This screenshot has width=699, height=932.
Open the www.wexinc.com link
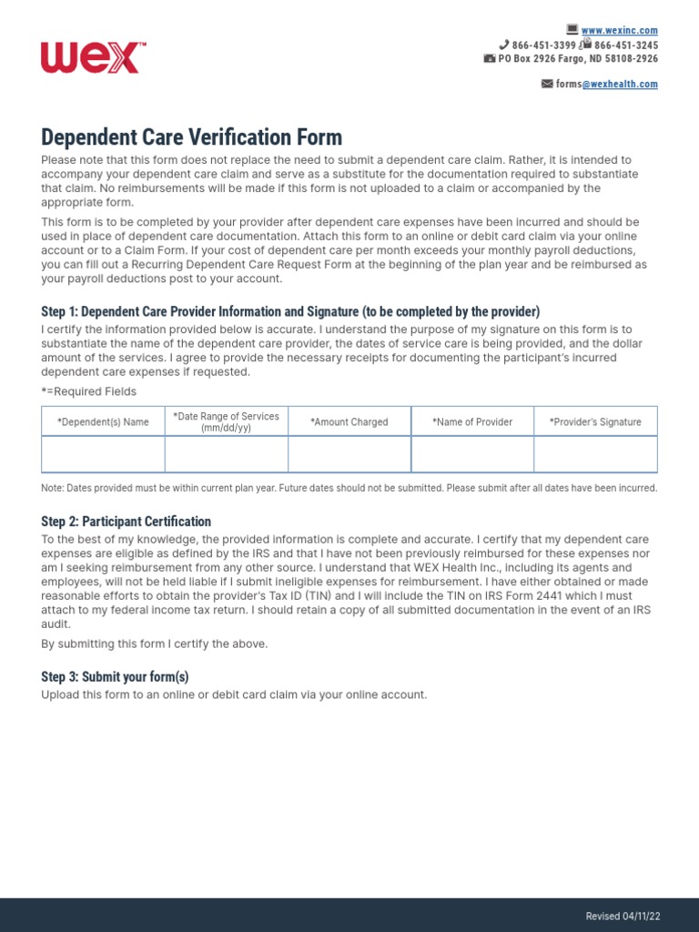click(x=619, y=31)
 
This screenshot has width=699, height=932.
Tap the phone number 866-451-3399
click(x=543, y=45)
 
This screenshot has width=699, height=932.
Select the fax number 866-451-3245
click(x=626, y=45)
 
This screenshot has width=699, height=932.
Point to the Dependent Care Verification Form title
click(x=191, y=137)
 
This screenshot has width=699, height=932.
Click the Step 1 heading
click(x=290, y=311)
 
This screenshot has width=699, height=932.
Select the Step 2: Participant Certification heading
click(x=126, y=522)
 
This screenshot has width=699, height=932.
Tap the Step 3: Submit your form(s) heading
click(x=115, y=676)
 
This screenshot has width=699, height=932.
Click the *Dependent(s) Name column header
click(x=103, y=422)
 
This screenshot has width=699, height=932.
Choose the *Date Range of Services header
click(x=226, y=421)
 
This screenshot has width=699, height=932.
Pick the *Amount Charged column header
click(x=349, y=422)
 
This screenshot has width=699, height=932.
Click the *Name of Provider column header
click(x=472, y=422)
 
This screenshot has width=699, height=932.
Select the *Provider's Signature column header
click(x=595, y=422)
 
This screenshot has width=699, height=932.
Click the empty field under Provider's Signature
click(x=595, y=454)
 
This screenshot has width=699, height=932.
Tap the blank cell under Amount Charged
click(x=349, y=454)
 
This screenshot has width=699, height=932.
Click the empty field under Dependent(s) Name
click(x=103, y=454)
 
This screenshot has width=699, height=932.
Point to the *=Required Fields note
click(x=89, y=391)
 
